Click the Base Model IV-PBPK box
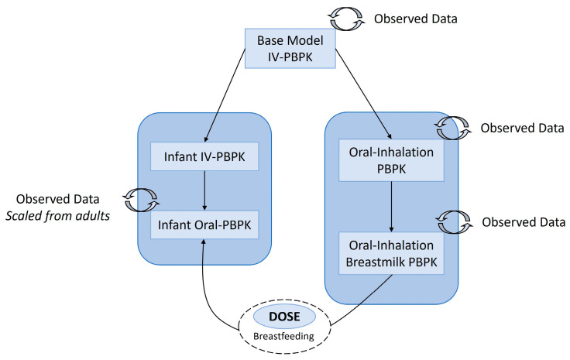click(290, 48)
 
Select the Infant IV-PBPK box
click(204, 156)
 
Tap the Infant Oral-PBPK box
click(204, 225)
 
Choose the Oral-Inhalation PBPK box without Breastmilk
click(391, 160)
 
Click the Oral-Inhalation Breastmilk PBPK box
click(391, 253)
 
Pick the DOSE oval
click(284, 317)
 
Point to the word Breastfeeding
click(283, 336)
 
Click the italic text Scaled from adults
click(57, 216)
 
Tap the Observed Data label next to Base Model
click(416, 19)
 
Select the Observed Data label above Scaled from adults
click(57, 199)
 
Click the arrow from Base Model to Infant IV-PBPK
click(225, 95)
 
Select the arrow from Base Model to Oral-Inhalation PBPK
click(363, 94)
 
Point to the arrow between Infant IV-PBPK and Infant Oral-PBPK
click(204, 190)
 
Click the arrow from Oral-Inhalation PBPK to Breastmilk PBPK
click(392, 207)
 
